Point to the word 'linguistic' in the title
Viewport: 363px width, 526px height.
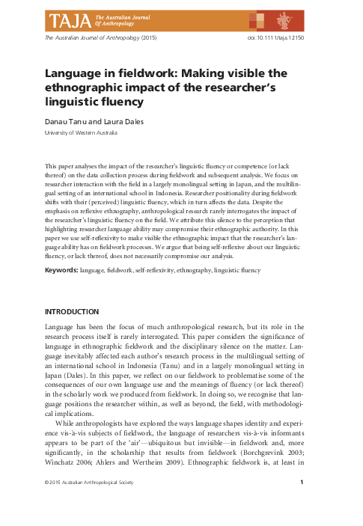click(x=72, y=100)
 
